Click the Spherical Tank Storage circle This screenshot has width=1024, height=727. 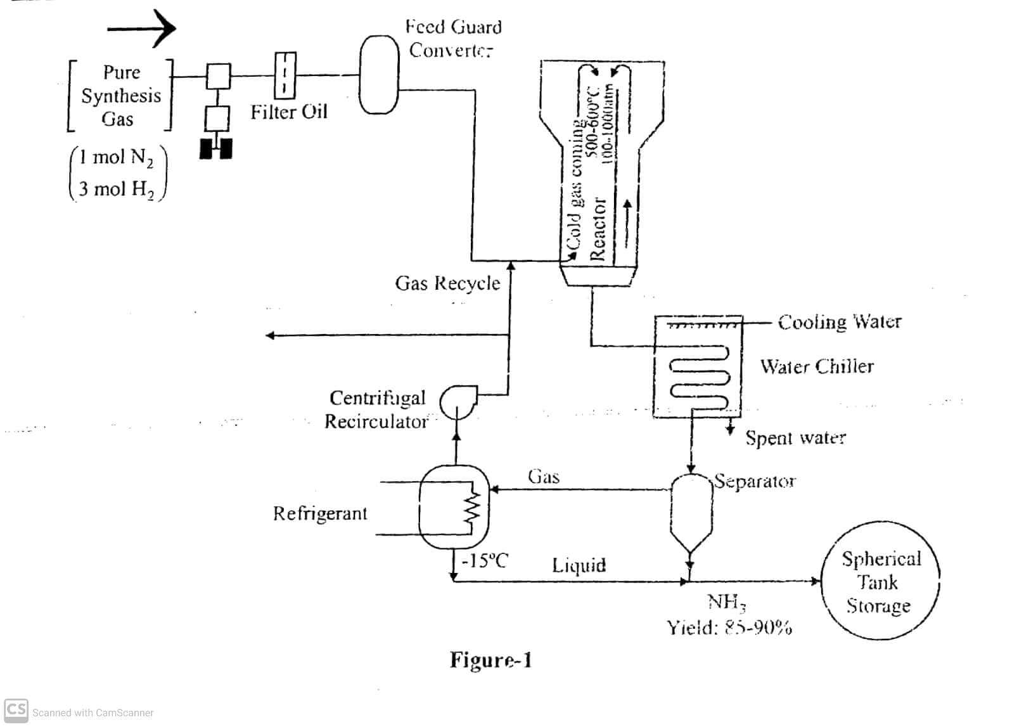(x=880, y=582)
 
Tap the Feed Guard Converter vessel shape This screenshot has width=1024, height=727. (x=379, y=74)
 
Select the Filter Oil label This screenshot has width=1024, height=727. (x=288, y=112)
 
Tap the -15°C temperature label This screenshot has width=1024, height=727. (x=485, y=561)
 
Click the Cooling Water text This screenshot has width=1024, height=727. (x=839, y=322)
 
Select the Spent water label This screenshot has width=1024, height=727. (x=795, y=438)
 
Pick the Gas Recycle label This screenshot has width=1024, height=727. (x=447, y=283)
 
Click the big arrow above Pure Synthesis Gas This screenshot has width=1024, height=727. (x=141, y=28)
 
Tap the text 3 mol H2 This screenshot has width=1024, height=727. (x=117, y=189)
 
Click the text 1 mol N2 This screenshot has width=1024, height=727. (x=117, y=157)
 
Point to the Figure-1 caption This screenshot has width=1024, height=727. (x=490, y=660)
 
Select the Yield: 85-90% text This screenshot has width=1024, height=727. (x=729, y=627)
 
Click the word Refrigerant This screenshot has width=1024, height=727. (x=320, y=513)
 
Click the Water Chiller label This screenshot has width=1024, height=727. (x=817, y=366)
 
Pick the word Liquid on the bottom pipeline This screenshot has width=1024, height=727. (x=579, y=565)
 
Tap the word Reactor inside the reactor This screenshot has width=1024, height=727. (x=598, y=229)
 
